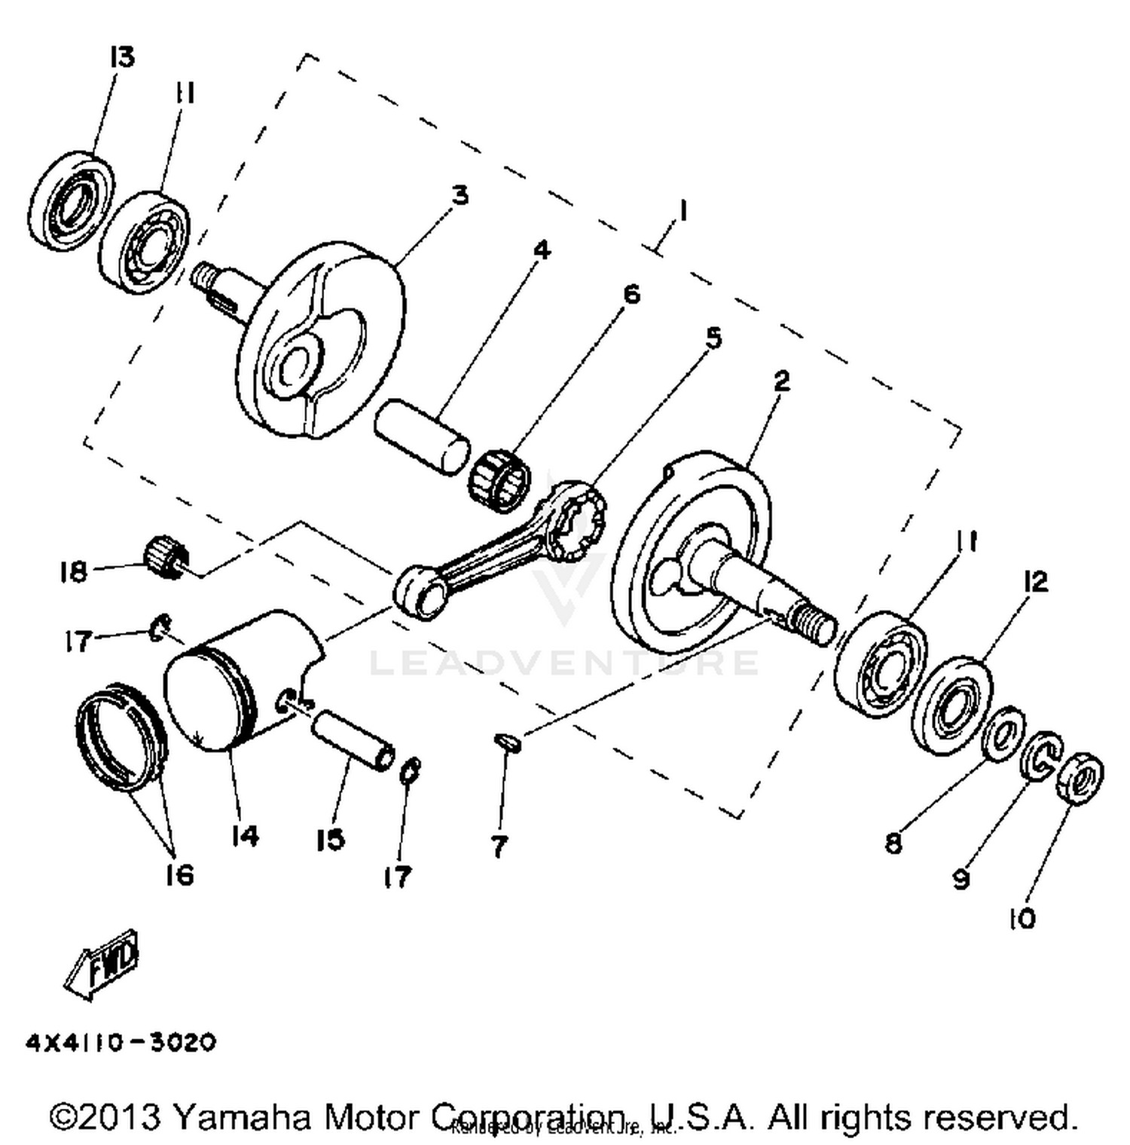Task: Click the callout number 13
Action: tap(121, 57)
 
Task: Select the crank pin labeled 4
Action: tap(422, 438)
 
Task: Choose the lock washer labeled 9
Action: tap(1043, 757)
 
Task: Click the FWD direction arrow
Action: tap(102, 966)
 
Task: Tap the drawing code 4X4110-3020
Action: tap(121, 1042)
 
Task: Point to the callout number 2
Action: tap(782, 381)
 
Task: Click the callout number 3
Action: tap(460, 195)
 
